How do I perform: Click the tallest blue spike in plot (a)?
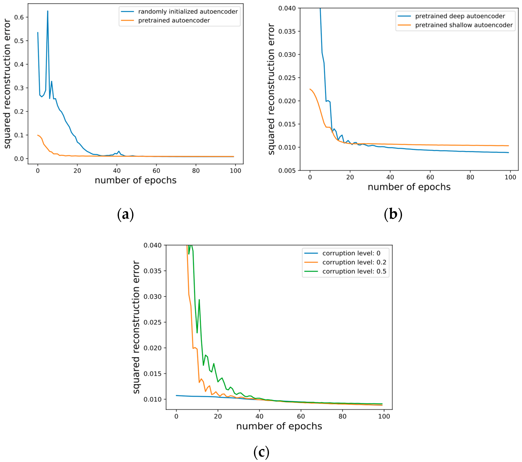click(x=47, y=11)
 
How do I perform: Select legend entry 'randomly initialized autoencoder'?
click(x=188, y=12)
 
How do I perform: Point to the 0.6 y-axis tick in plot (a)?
click(x=19, y=17)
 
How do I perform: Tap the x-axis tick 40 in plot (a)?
click(x=117, y=171)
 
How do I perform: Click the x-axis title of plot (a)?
click(x=135, y=180)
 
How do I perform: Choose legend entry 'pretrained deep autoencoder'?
click(x=460, y=16)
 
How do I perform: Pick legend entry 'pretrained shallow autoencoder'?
click(x=464, y=25)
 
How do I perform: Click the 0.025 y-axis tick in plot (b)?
click(x=287, y=78)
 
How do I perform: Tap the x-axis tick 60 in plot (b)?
click(x=430, y=177)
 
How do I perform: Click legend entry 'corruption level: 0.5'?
click(x=354, y=271)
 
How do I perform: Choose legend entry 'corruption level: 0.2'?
click(x=354, y=262)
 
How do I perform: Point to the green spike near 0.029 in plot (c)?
click(x=199, y=300)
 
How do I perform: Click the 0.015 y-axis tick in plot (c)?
click(x=152, y=374)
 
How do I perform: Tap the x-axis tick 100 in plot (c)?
click(x=384, y=416)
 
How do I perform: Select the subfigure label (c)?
click(x=261, y=452)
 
